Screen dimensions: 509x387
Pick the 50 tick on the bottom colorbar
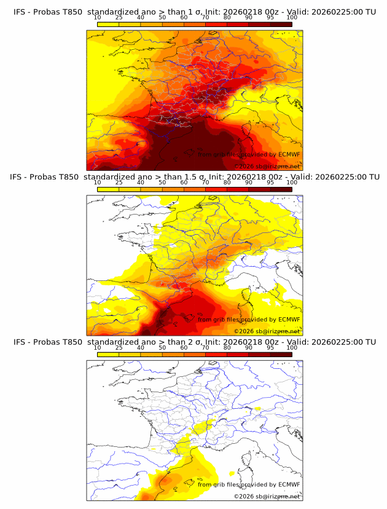pyautogui.click(x=162, y=347)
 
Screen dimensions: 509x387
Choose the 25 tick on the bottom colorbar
pyautogui.click(x=119, y=347)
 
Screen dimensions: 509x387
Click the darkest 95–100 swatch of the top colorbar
pyautogui.click(x=281, y=24)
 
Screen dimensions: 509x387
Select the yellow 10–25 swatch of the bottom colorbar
pyautogui.click(x=108, y=354)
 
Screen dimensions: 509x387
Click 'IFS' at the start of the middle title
pyautogui.click(x=20, y=176)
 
